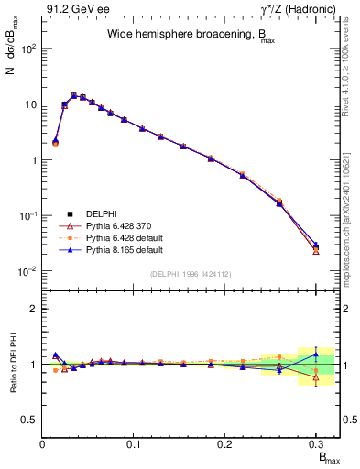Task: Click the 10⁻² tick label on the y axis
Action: (27, 271)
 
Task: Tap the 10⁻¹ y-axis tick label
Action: (27, 215)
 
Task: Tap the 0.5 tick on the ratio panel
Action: (31, 420)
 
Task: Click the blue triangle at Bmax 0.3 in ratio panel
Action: (315, 354)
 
